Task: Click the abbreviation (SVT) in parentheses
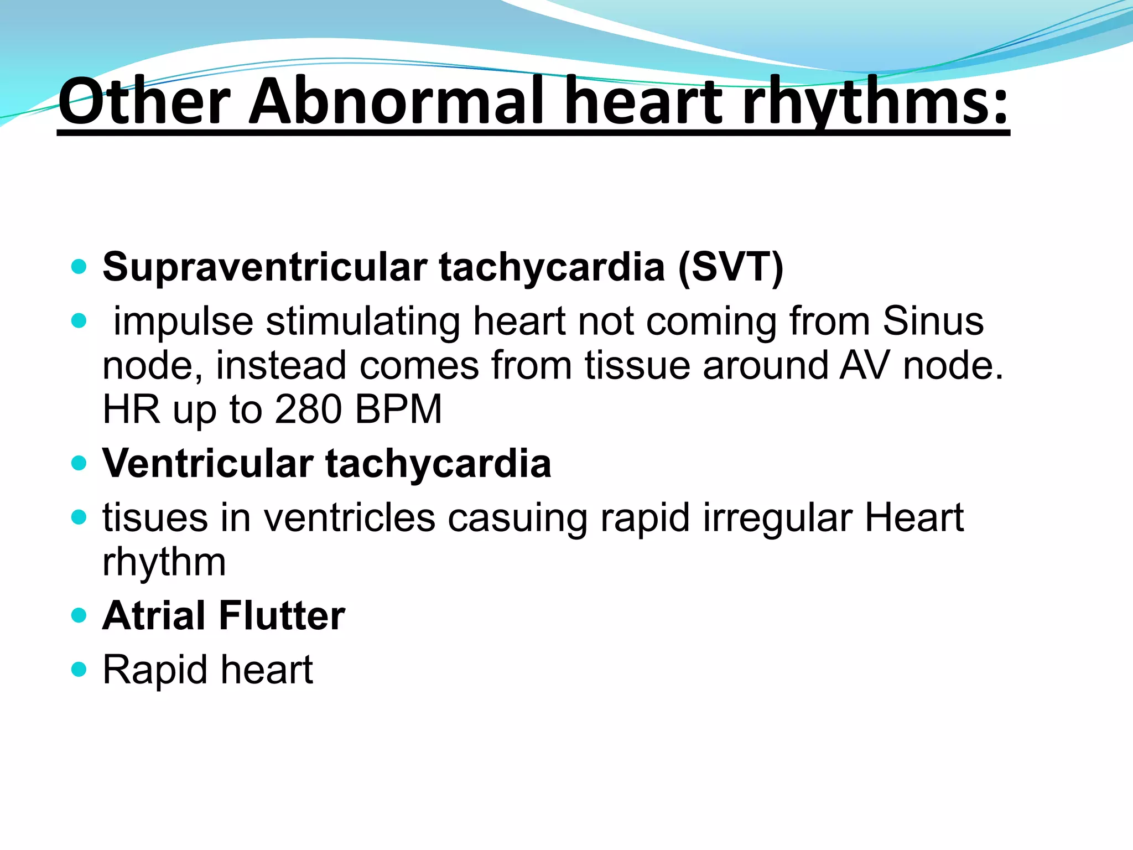[x=730, y=267]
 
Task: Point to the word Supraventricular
[x=265, y=267]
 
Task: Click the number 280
[x=308, y=410]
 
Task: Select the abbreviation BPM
[x=398, y=410]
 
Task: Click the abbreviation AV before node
[x=864, y=366]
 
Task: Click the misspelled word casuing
[x=517, y=518]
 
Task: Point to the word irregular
[x=777, y=518]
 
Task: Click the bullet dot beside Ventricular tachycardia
[x=80, y=463]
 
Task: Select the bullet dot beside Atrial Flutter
[x=80, y=615]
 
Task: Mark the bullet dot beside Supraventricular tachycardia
[x=80, y=267]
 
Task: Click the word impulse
[x=183, y=322]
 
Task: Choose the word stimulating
[x=363, y=322]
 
